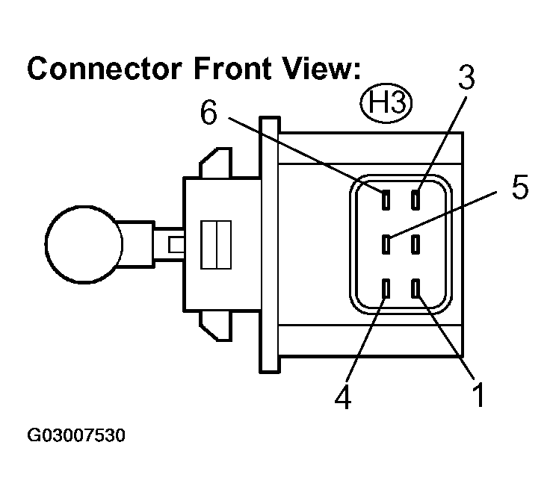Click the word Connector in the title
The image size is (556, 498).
point(105,69)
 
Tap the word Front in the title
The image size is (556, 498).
point(232,69)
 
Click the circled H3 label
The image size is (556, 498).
point(386,103)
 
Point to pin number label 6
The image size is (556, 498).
point(208,111)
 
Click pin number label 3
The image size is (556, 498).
point(466,77)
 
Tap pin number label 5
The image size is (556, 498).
point(520,187)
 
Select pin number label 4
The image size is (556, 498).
point(343,396)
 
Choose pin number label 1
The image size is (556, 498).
point(479,394)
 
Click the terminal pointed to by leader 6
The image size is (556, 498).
point(386,199)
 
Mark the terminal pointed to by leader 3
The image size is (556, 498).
point(416,199)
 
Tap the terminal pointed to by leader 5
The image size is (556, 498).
point(386,244)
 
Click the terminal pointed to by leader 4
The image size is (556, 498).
point(386,288)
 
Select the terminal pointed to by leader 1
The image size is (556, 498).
point(416,288)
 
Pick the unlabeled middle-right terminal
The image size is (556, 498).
point(416,244)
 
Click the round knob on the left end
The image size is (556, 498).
point(84,244)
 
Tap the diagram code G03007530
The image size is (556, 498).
point(76,435)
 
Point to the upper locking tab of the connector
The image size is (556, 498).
point(215,162)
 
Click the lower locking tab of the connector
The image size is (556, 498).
point(215,326)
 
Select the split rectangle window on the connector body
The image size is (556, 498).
point(216,245)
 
